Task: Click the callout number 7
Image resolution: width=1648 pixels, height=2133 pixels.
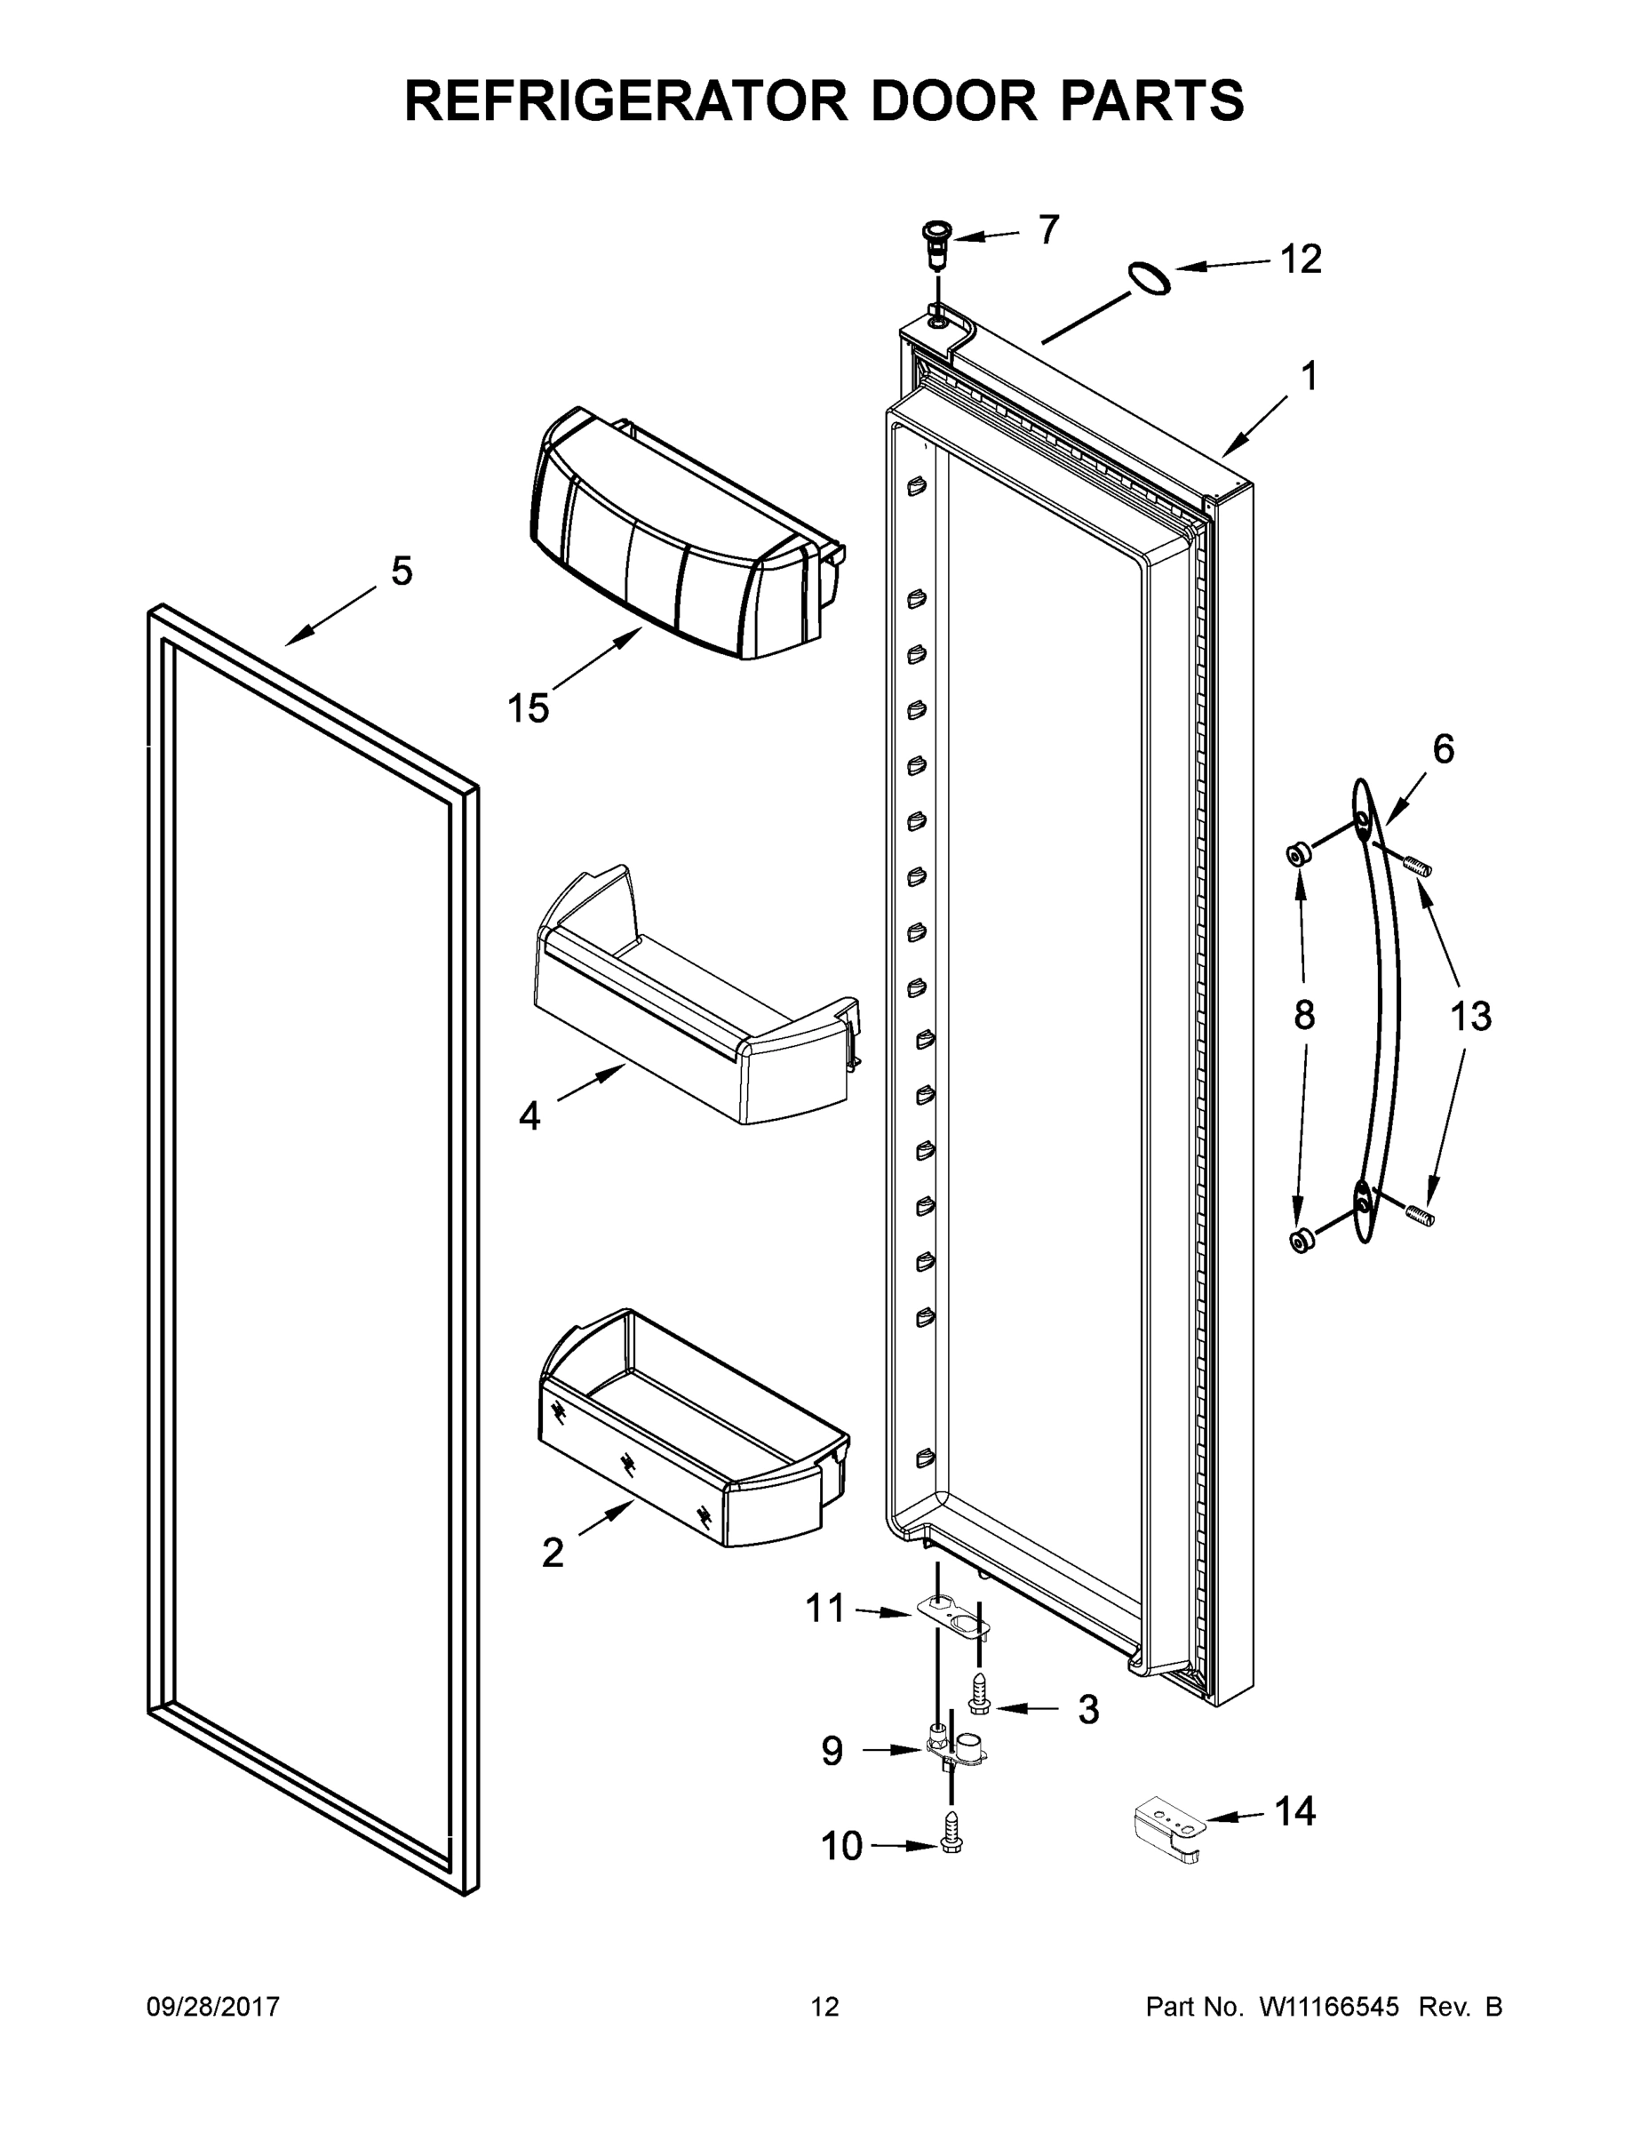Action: point(1047,229)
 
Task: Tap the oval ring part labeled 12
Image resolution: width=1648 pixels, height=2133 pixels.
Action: point(1149,278)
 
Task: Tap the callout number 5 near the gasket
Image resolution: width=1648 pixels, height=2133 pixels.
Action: point(402,571)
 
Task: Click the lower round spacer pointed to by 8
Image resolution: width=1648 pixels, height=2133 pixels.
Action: point(1301,1242)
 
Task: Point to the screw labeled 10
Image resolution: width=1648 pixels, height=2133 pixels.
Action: point(951,1844)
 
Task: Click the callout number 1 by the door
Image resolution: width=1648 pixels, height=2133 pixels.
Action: point(1310,376)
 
